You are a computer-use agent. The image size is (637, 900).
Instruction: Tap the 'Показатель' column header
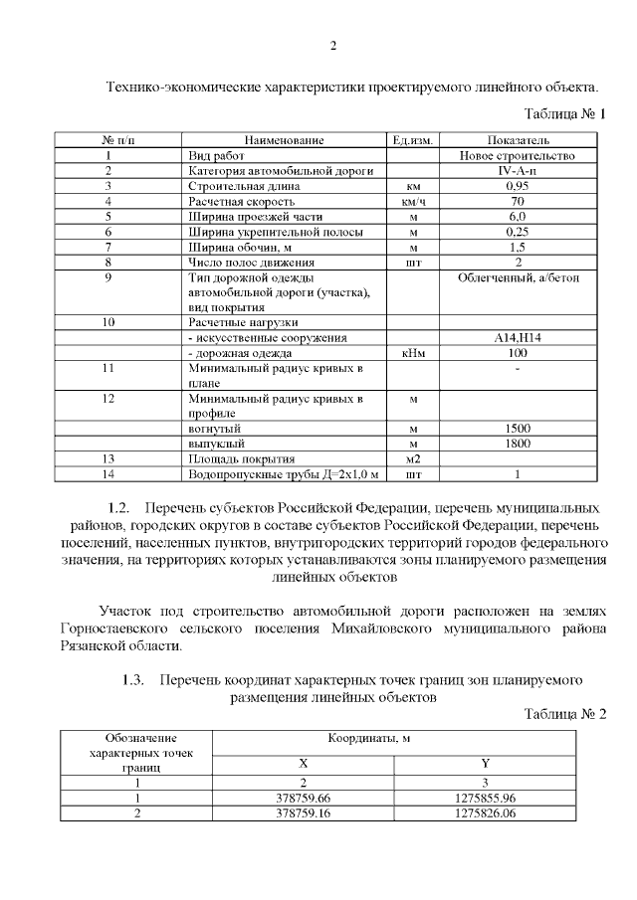[518, 141]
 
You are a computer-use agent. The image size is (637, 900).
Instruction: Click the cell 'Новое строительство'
[518, 156]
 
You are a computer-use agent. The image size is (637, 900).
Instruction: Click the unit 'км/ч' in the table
[412, 201]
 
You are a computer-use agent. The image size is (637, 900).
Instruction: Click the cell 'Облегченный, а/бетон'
[518, 277]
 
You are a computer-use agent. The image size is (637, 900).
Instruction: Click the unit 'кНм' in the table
[412, 353]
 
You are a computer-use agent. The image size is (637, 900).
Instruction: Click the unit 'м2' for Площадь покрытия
[412, 459]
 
